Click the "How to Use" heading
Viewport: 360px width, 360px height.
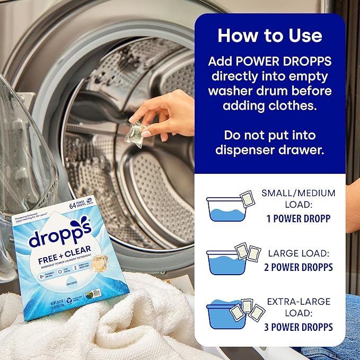269,36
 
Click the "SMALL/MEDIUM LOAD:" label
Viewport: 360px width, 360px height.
298,198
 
